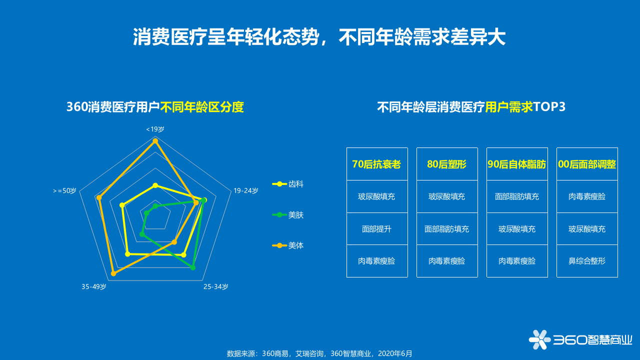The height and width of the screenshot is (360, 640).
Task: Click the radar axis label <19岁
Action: [155, 129]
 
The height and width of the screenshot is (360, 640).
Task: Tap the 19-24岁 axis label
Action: [246, 190]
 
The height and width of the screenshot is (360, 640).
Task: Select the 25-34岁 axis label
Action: [215, 286]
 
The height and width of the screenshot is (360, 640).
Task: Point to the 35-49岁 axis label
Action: [94, 286]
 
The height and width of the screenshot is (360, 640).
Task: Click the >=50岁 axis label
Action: [64, 190]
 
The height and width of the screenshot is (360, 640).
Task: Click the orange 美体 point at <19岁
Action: [155, 141]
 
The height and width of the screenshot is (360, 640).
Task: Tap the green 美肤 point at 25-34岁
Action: [193, 268]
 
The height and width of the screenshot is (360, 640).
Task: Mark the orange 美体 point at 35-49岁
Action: [113, 273]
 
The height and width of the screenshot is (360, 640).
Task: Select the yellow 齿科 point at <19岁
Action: [155, 185]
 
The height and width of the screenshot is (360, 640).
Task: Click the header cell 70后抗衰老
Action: [377, 164]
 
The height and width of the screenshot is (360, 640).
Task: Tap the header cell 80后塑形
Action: [447, 164]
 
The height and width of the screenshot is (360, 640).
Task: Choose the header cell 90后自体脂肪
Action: [517, 164]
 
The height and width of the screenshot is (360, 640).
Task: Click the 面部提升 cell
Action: [377, 229]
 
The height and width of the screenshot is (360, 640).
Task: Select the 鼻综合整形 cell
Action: [587, 261]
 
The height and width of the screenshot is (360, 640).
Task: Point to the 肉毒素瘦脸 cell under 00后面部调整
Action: [587, 196]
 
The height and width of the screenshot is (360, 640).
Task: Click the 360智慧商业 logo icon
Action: [539, 339]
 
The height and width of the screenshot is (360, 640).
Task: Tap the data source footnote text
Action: [320, 353]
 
